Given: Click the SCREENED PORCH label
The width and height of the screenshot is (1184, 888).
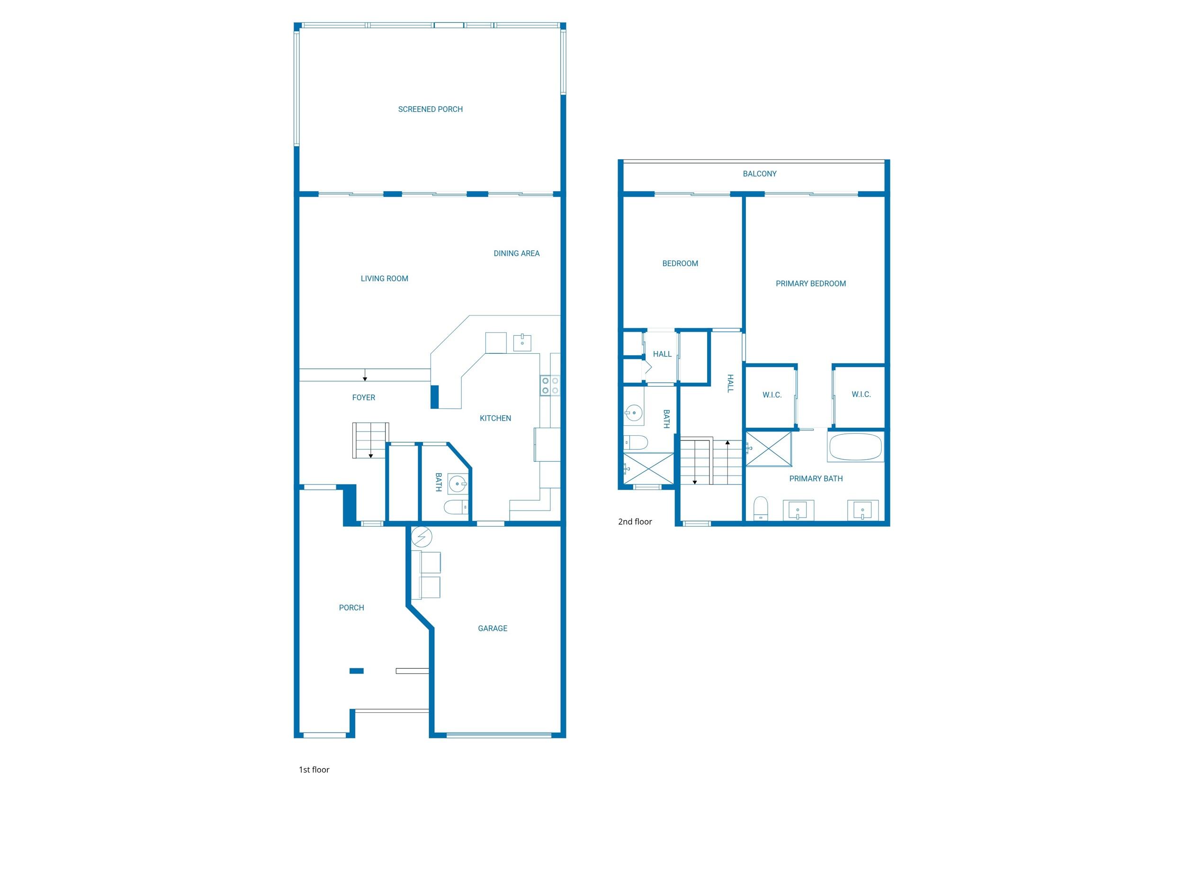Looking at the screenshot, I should (x=430, y=109).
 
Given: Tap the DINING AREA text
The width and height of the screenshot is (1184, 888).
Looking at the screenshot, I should (x=516, y=253).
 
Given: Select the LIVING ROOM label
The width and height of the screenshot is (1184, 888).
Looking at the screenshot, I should (x=384, y=278).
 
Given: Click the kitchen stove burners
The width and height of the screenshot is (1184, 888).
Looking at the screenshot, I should (x=550, y=386).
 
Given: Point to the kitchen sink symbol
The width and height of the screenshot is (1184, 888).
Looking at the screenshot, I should (x=522, y=342).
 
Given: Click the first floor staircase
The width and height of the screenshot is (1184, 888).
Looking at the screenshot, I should (x=370, y=440).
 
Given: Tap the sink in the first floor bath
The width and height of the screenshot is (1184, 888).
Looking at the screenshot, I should (x=457, y=485).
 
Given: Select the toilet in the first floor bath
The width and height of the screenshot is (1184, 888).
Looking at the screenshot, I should (x=456, y=507).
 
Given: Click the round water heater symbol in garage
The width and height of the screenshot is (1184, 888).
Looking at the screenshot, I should (x=422, y=536).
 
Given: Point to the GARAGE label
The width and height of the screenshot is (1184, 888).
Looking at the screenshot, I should (x=492, y=628).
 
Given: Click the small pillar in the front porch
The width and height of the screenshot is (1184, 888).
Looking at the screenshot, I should (x=357, y=671).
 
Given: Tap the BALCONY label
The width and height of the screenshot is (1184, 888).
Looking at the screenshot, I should (x=759, y=173).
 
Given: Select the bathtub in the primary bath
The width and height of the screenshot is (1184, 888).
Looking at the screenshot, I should (x=855, y=448).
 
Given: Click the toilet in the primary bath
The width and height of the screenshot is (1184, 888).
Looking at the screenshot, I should (x=760, y=508).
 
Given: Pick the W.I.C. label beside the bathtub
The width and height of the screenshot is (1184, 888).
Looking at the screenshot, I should (x=861, y=394).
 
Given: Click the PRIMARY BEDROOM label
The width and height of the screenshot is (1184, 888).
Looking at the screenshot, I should (x=810, y=284).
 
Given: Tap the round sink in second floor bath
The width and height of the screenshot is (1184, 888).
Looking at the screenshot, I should (x=634, y=413).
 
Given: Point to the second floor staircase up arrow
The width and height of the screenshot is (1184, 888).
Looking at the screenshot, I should (x=727, y=443).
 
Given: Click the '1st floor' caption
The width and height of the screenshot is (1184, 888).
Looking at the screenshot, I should (x=314, y=770).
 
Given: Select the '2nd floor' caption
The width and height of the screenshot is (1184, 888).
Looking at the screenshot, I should (x=635, y=521).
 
